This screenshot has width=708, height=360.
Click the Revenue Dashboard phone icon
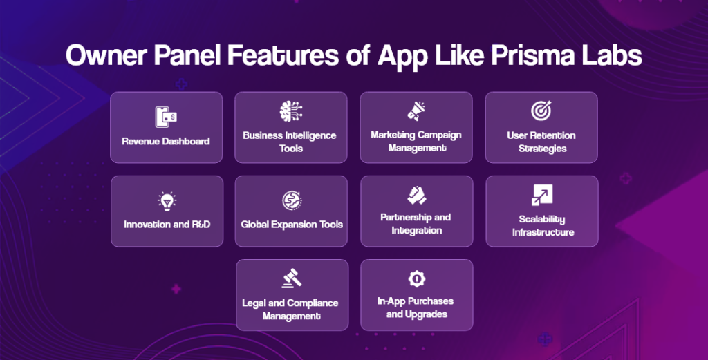(x=166, y=117)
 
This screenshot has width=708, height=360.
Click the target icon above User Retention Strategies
(x=541, y=111)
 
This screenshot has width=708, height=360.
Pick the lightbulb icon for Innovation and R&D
(x=166, y=201)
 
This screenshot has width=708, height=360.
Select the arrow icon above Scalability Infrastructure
(x=541, y=195)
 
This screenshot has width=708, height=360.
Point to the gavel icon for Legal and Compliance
(x=290, y=278)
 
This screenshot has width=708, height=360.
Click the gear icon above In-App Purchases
(x=416, y=278)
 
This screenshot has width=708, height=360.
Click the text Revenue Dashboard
(x=166, y=141)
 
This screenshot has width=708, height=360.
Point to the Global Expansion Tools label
(x=291, y=225)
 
